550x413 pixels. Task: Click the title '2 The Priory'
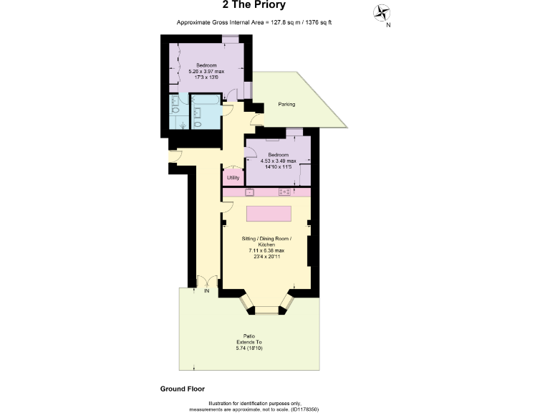[x=254, y=6]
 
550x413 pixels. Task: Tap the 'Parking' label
[x=286, y=105]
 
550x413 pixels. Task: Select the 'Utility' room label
[x=233, y=177]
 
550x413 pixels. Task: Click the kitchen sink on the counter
[x=249, y=192]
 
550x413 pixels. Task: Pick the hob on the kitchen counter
[x=284, y=192]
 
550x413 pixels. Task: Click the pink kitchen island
[x=270, y=214]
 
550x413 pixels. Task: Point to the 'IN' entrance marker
[x=206, y=292]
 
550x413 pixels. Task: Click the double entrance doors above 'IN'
[x=207, y=283]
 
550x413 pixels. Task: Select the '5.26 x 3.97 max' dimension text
[x=207, y=71]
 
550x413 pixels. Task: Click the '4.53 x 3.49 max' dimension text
[x=278, y=161]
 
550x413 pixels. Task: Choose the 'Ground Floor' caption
[x=182, y=388]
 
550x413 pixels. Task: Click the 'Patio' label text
[x=249, y=335]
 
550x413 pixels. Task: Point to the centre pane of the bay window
[x=266, y=310]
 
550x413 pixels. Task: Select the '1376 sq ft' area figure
[x=316, y=23]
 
